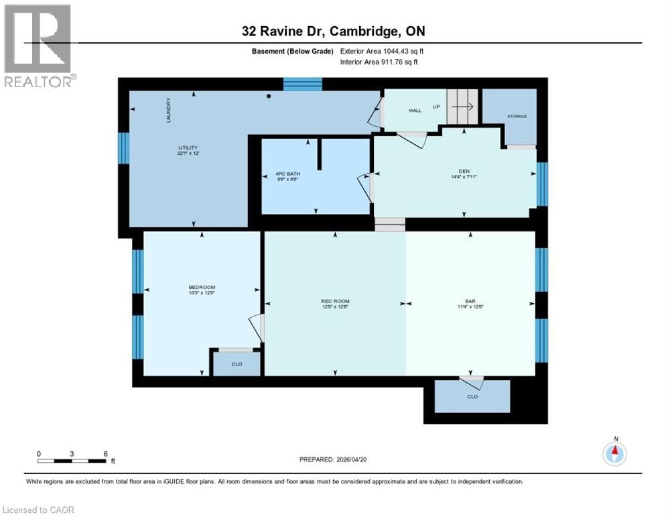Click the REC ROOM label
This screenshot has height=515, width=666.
click(334, 300)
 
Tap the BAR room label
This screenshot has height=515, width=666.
click(468, 300)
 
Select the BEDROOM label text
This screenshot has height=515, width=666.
click(201, 289)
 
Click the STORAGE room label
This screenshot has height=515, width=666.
click(517, 117)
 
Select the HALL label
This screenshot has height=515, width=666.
click(415, 110)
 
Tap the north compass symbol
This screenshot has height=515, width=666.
click(614, 453)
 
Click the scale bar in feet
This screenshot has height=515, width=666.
click(72, 461)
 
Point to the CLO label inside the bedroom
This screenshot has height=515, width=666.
click(236, 364)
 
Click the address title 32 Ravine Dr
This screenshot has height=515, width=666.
click(333, 31)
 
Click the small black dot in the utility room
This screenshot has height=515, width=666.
click(269, 97)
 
